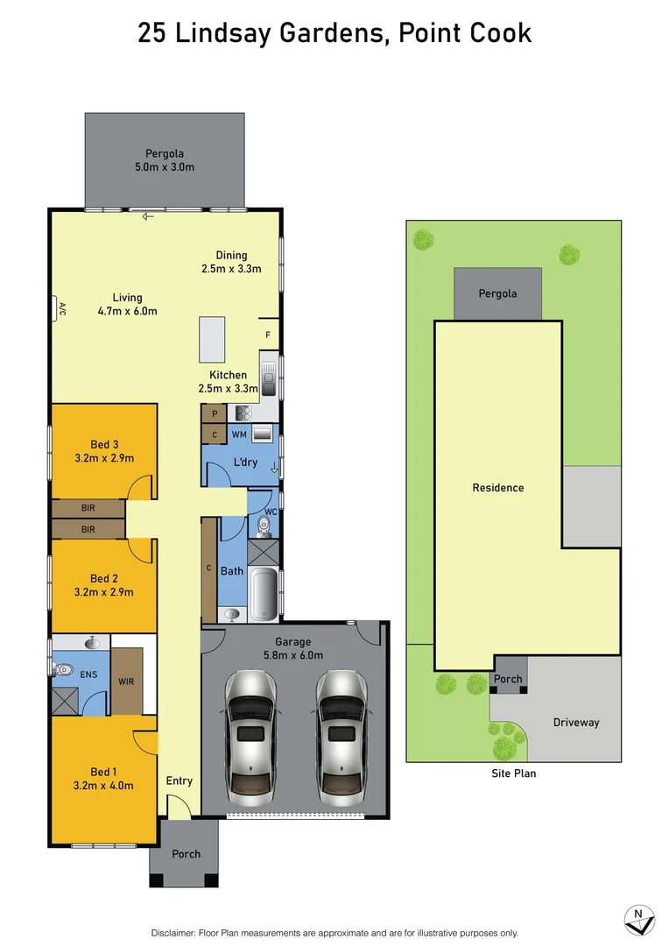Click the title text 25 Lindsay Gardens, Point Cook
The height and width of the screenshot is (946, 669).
pos(334,33)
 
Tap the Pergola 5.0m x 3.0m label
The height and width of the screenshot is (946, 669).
pos(170,160)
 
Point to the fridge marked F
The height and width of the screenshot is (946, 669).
pos(268,334)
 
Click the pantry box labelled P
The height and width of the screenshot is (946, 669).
pos(214,413)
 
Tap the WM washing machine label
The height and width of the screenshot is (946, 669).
pos(239,434)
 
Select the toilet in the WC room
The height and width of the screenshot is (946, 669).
pos(264,525)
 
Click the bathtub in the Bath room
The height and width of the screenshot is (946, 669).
pos(264,593)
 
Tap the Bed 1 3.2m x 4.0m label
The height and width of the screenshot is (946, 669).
pos(103,778)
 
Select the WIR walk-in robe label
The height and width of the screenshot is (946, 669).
pos(126,681)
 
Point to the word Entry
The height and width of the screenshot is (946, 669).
pos(179,780)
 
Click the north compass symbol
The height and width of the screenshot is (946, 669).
pos(639,917)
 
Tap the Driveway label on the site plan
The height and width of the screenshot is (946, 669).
pos(576,723)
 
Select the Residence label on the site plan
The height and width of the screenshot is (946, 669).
pos(497,488)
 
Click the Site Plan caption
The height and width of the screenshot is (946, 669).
pos(513,773)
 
